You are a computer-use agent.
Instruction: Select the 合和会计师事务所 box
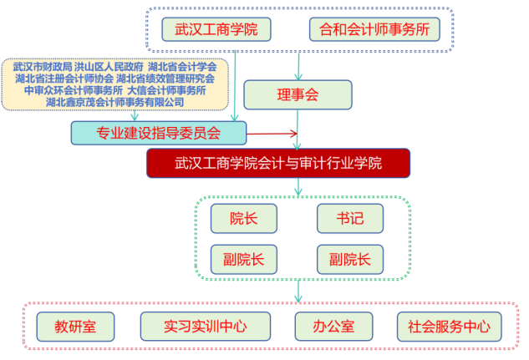coord(374,29)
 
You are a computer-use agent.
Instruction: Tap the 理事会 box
coord(298,95)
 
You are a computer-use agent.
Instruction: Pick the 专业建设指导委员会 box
coord(159,133)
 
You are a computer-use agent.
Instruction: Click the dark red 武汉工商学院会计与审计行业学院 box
coord(278,164)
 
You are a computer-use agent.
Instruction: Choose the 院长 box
coord(244,219)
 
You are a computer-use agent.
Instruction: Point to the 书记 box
coord(350,219)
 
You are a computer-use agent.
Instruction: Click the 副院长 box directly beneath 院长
coord(244,259)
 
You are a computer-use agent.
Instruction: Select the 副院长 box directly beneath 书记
coord(350,259)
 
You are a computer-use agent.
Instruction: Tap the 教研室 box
coord(75,326)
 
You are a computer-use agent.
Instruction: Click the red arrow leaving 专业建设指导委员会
coord(272,133)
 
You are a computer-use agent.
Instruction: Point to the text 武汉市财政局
coord(42,66)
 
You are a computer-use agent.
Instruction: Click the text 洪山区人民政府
coord(108,66)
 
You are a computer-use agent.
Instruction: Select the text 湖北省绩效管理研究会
coord(166,79)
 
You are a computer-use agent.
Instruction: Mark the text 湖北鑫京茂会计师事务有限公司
coord(115,102)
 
